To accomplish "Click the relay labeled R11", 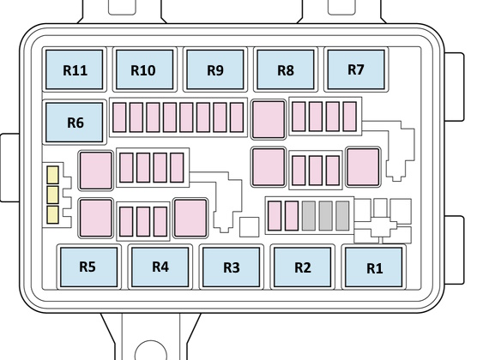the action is (x=75, y=69).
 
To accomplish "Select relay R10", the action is (x=144, y=69).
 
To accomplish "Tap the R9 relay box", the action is (x=214, y=69).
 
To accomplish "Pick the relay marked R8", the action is (x=286, y=69).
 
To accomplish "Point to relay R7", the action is (x=356, y=69).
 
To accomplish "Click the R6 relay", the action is (x=75, y=123).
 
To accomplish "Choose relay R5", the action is (x=88, y=267).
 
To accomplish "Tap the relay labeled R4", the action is (x=160, y=267).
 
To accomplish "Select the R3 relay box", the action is (x=231, y=267).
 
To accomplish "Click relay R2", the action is (x=302, y=267).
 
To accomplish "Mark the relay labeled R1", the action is (x=373, y=267).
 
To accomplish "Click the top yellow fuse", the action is (x=52, y=175).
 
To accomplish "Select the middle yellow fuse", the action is (x=52, y=195).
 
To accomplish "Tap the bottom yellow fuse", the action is (x=52, y=214).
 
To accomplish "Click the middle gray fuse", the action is (x=325, y=216).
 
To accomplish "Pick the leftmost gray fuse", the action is (x=309, y=216).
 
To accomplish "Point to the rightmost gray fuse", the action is (x=342, y=216).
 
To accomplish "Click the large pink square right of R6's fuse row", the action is (x=269, y=119).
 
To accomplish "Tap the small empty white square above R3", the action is (x=249, y=227).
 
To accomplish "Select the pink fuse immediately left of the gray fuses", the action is (x=292, y=216).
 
